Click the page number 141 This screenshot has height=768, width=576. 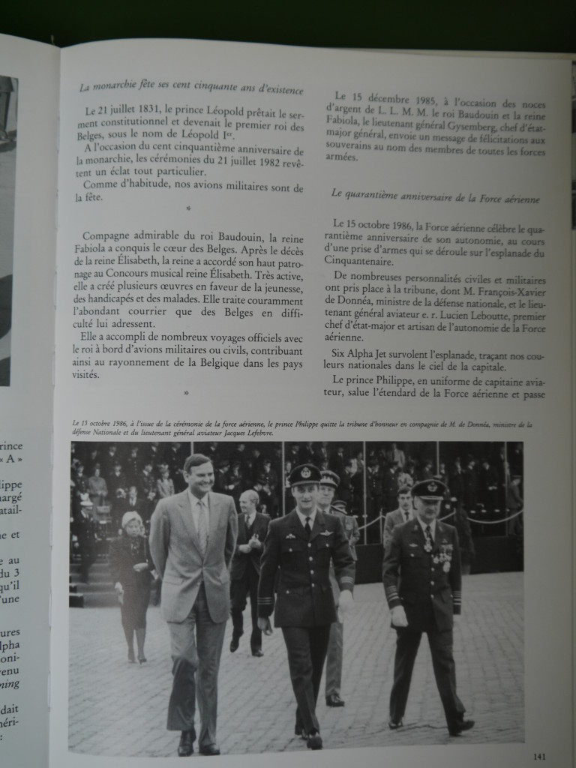[538, 756]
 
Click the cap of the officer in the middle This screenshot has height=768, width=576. [304, 474]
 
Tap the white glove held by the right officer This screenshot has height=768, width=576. [399, 616]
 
